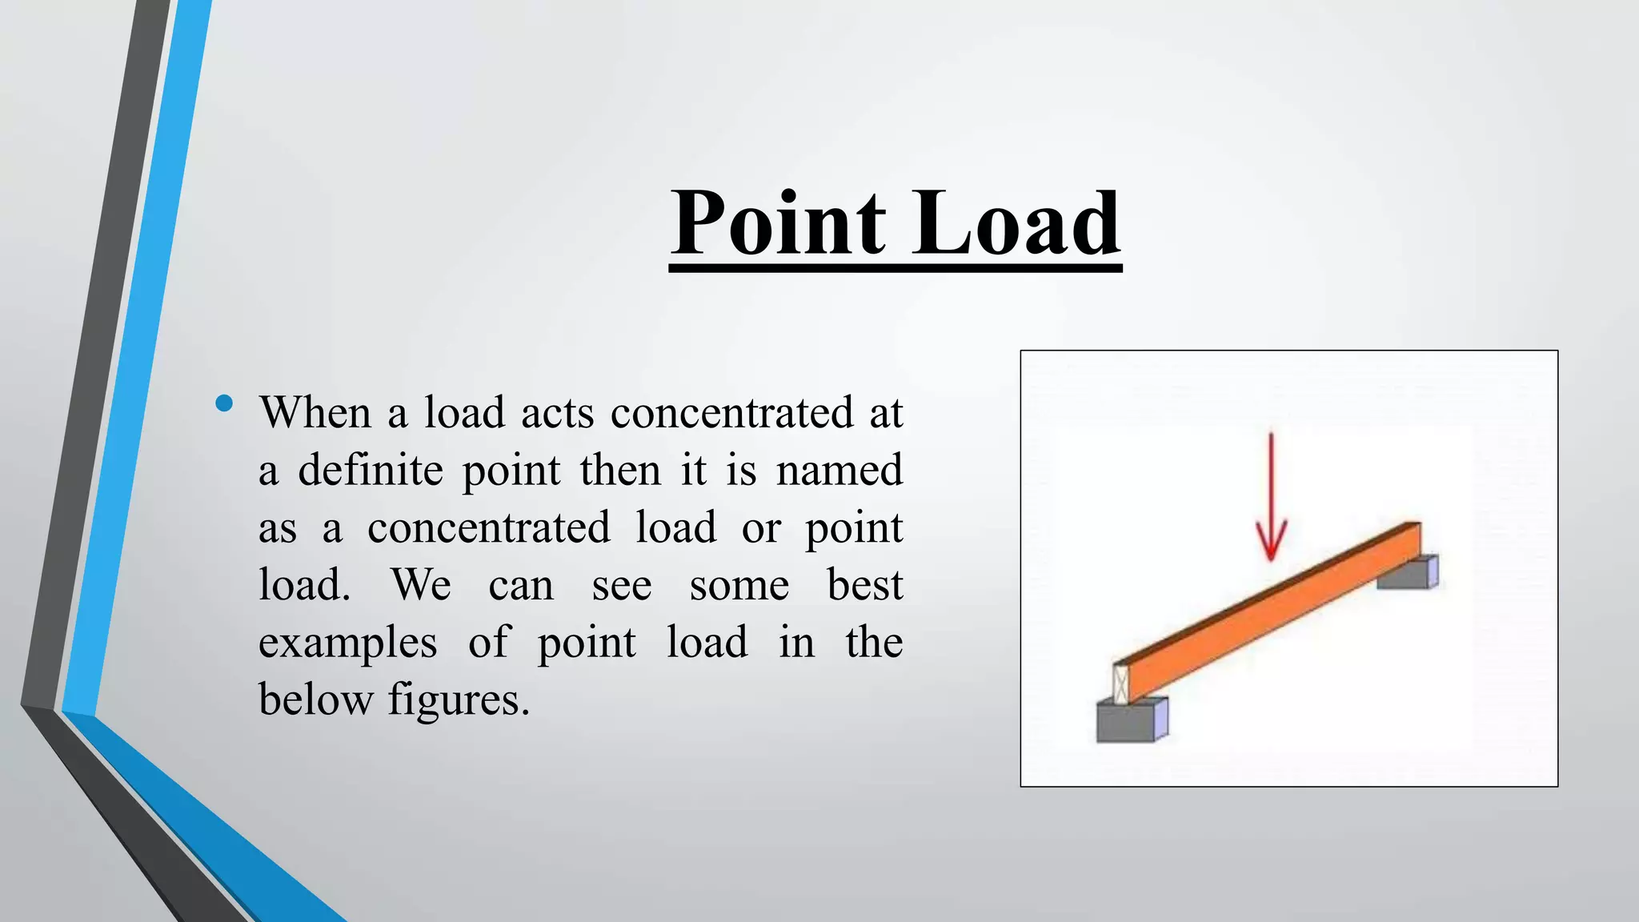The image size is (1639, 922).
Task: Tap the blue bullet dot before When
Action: (x=224, y=403)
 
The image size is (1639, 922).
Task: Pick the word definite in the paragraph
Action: (x=371, y=470)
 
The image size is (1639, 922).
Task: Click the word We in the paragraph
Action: (x=421, y=585)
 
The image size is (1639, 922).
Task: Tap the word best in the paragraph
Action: (x=865, y=585)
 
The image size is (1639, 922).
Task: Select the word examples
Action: (x=347, y=643)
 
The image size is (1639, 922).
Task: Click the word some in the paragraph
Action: (x=739, y=585)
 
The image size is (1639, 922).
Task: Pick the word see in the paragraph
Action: (x=622, y=585)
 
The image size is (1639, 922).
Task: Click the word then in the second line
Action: (x=621, y=470)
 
